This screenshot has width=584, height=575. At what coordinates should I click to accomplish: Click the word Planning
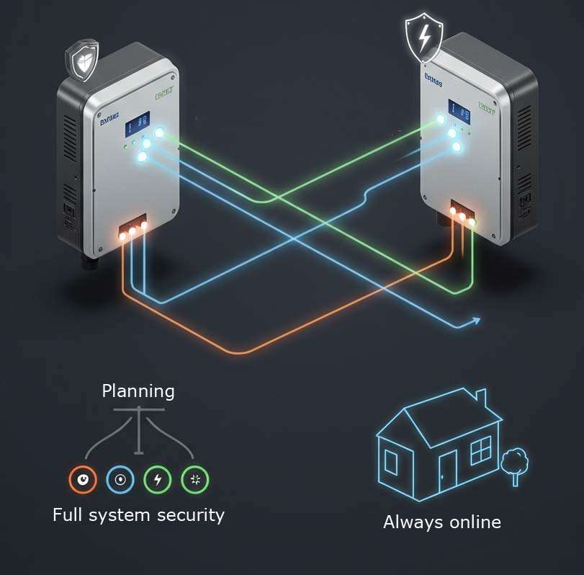(x=138, y=391)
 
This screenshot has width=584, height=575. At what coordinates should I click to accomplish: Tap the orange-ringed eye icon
(x=82, y=479)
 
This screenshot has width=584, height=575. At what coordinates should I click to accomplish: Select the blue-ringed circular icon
(x=120, y=479)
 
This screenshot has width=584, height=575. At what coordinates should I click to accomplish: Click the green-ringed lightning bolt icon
(x=158, y=479)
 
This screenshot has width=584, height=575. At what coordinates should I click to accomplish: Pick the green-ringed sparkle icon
(x=194, y=479)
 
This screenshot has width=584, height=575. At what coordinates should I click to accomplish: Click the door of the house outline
(x=447, y=471)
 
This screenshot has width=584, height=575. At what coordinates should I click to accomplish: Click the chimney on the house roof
(x=481, y=398)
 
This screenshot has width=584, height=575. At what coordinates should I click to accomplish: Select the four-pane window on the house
(x=480, y=451)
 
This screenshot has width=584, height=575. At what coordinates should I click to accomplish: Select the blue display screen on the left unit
(x=137, y=124)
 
